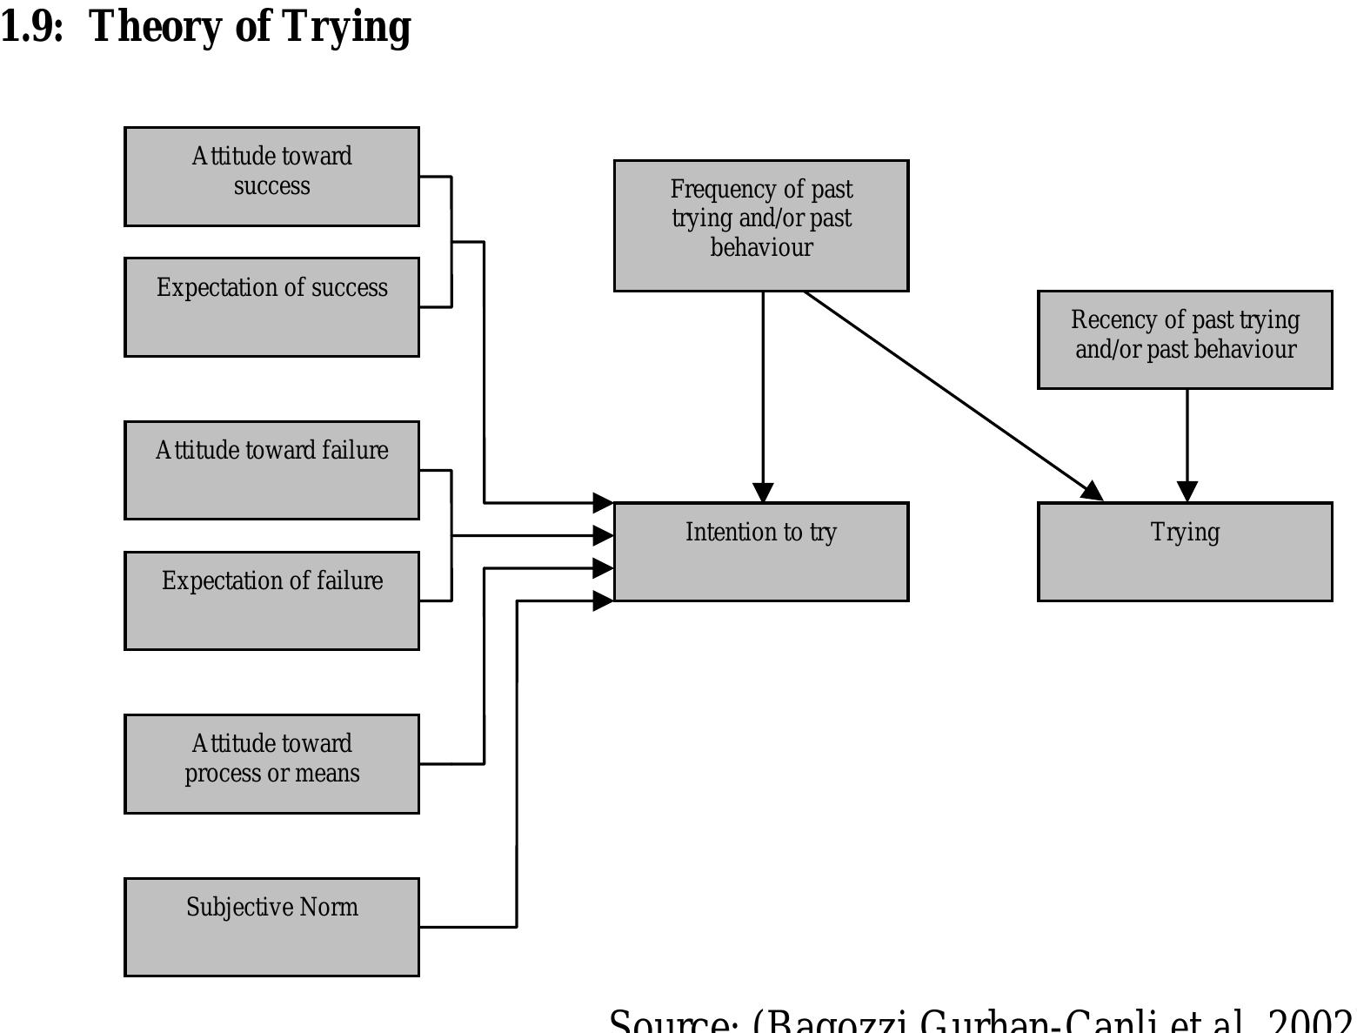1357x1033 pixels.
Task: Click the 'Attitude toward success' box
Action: (x=271, y=177)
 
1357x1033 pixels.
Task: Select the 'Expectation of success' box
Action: (x=271, y=306)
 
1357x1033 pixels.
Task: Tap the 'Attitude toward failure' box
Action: (x=271, y=470)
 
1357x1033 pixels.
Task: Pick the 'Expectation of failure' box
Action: (x=271, y=600)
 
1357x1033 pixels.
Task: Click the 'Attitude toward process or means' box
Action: (x=271, y=763)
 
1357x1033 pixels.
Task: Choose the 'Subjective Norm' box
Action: (x=271, y=926)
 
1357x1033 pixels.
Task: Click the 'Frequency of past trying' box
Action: (x=761, y=225)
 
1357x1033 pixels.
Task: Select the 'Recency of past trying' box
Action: (x=1185, y=339)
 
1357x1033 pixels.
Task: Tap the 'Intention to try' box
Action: (x=761, y=551)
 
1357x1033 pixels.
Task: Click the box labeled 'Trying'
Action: (x=1185, y=551)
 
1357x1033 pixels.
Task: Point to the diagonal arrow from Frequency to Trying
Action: (x=948, y=392)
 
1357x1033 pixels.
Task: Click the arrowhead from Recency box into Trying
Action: (x=1187, y=491)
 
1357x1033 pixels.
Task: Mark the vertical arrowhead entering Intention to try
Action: (x=763, y=492)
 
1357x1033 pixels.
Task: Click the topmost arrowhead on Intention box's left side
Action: (x=603, y=502)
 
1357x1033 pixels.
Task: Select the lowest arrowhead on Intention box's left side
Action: (x=603, y=600)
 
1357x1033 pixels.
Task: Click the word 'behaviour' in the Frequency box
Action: (x=761, y=247)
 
